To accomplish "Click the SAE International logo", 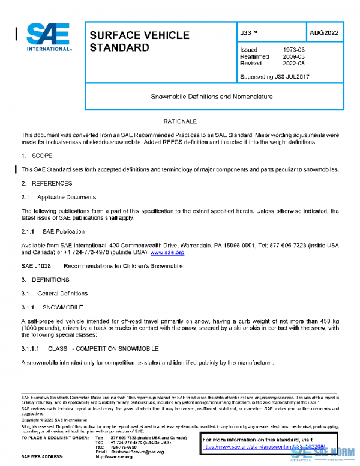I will (49, 38).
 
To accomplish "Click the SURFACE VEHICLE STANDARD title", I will (139, 41).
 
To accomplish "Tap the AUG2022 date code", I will (324, 33).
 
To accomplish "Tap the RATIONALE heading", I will (180, 122).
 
